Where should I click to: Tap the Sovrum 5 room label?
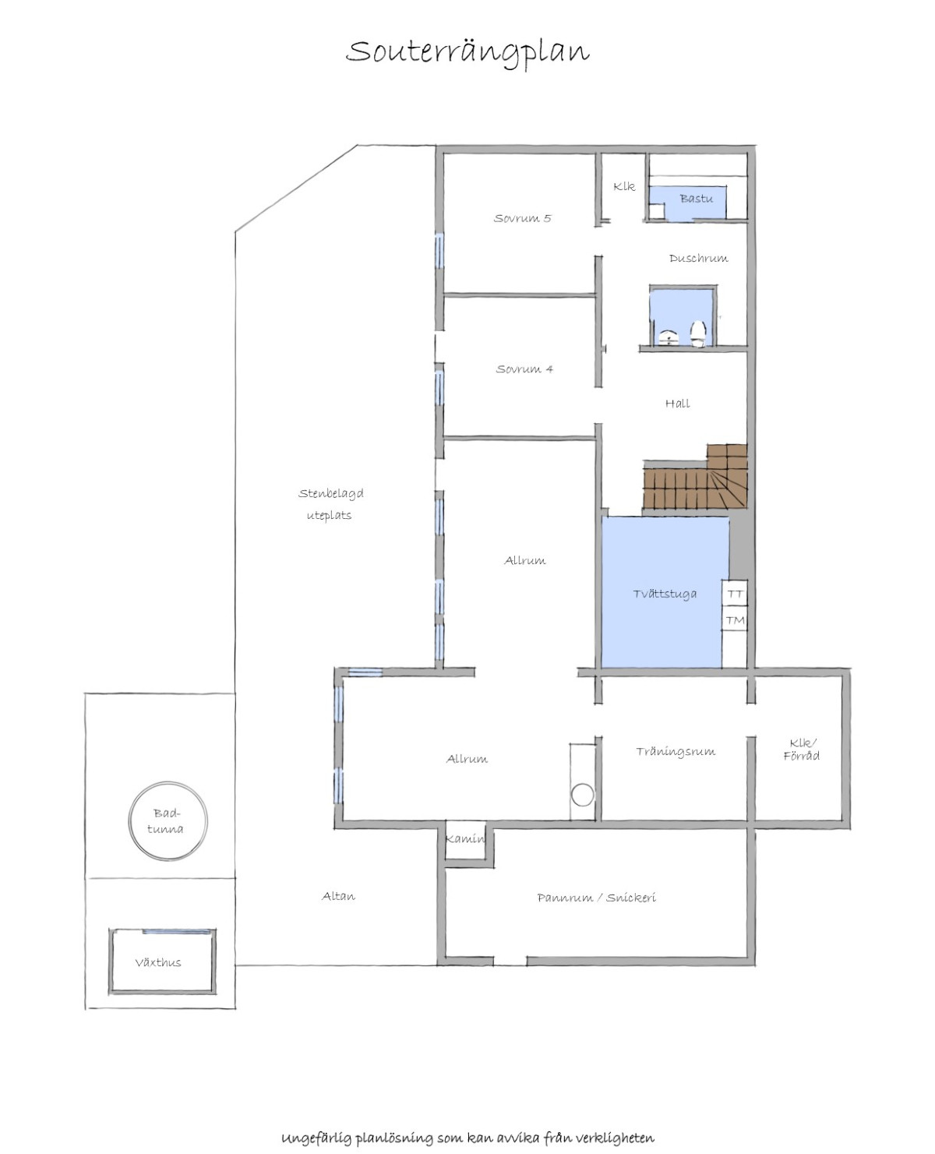522,218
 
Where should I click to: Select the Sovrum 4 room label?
524,369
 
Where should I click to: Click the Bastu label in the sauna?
696,198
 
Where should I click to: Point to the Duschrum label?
698,258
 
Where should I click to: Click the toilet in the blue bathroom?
698,333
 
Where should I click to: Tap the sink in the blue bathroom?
670,338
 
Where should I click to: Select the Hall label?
677,403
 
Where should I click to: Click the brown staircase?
696,478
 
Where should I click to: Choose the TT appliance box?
735,594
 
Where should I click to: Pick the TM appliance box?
735,619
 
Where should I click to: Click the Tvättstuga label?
665,594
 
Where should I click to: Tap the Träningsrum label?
676,751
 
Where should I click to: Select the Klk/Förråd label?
801,749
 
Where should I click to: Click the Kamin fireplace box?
465,838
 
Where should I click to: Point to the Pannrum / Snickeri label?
596,898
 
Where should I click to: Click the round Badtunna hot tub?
168,821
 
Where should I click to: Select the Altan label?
339,896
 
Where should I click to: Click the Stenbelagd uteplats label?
330,504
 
